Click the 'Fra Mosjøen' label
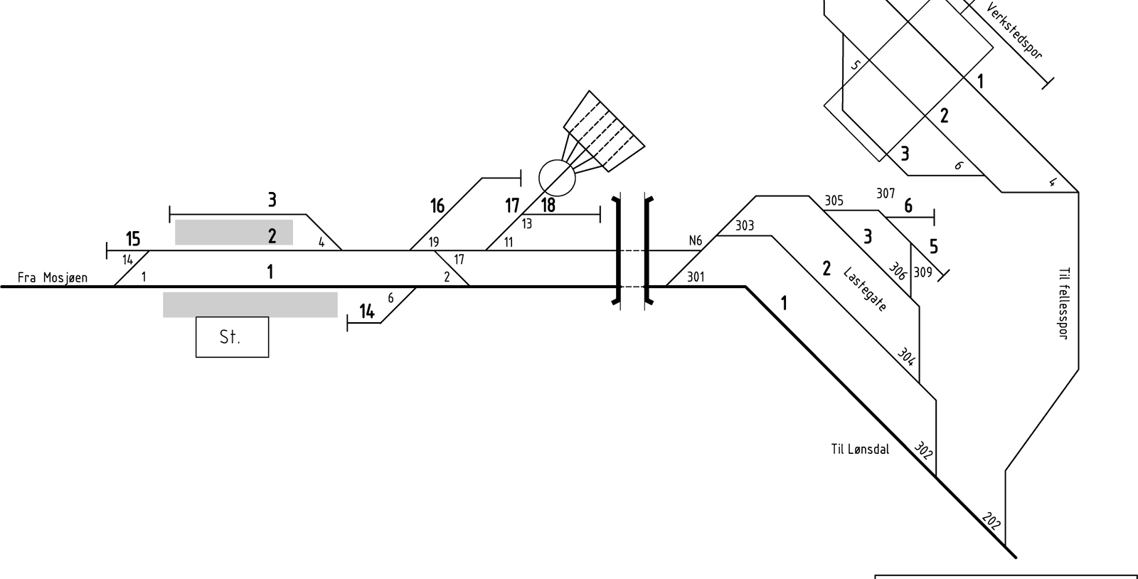(53, 278)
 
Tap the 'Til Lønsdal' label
(860, 449)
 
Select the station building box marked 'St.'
(232, 337)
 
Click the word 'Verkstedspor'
(1014, 31)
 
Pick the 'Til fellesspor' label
(1064, 303)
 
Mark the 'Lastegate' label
(865, 289)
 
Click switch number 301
(696, 277)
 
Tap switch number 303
(745, 225)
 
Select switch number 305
(834, 201)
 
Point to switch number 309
(922, 272)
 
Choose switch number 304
(906, 356)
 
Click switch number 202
(991, 521)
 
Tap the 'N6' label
(695, 240)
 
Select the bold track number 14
(367, 311)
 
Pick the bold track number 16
(437, 206)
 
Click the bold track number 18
(548, 205)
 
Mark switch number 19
(433, 242)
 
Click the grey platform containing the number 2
(234, 232)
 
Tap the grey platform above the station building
(250, 304)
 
